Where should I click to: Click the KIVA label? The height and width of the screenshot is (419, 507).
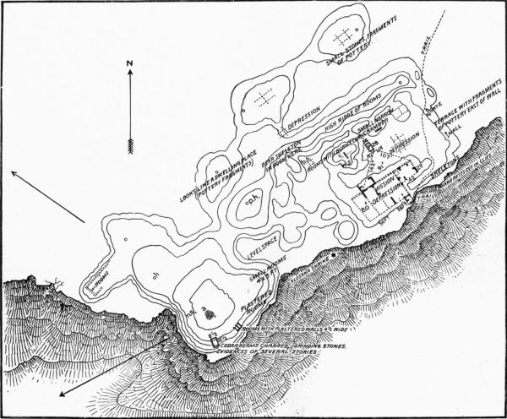[369, 150]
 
